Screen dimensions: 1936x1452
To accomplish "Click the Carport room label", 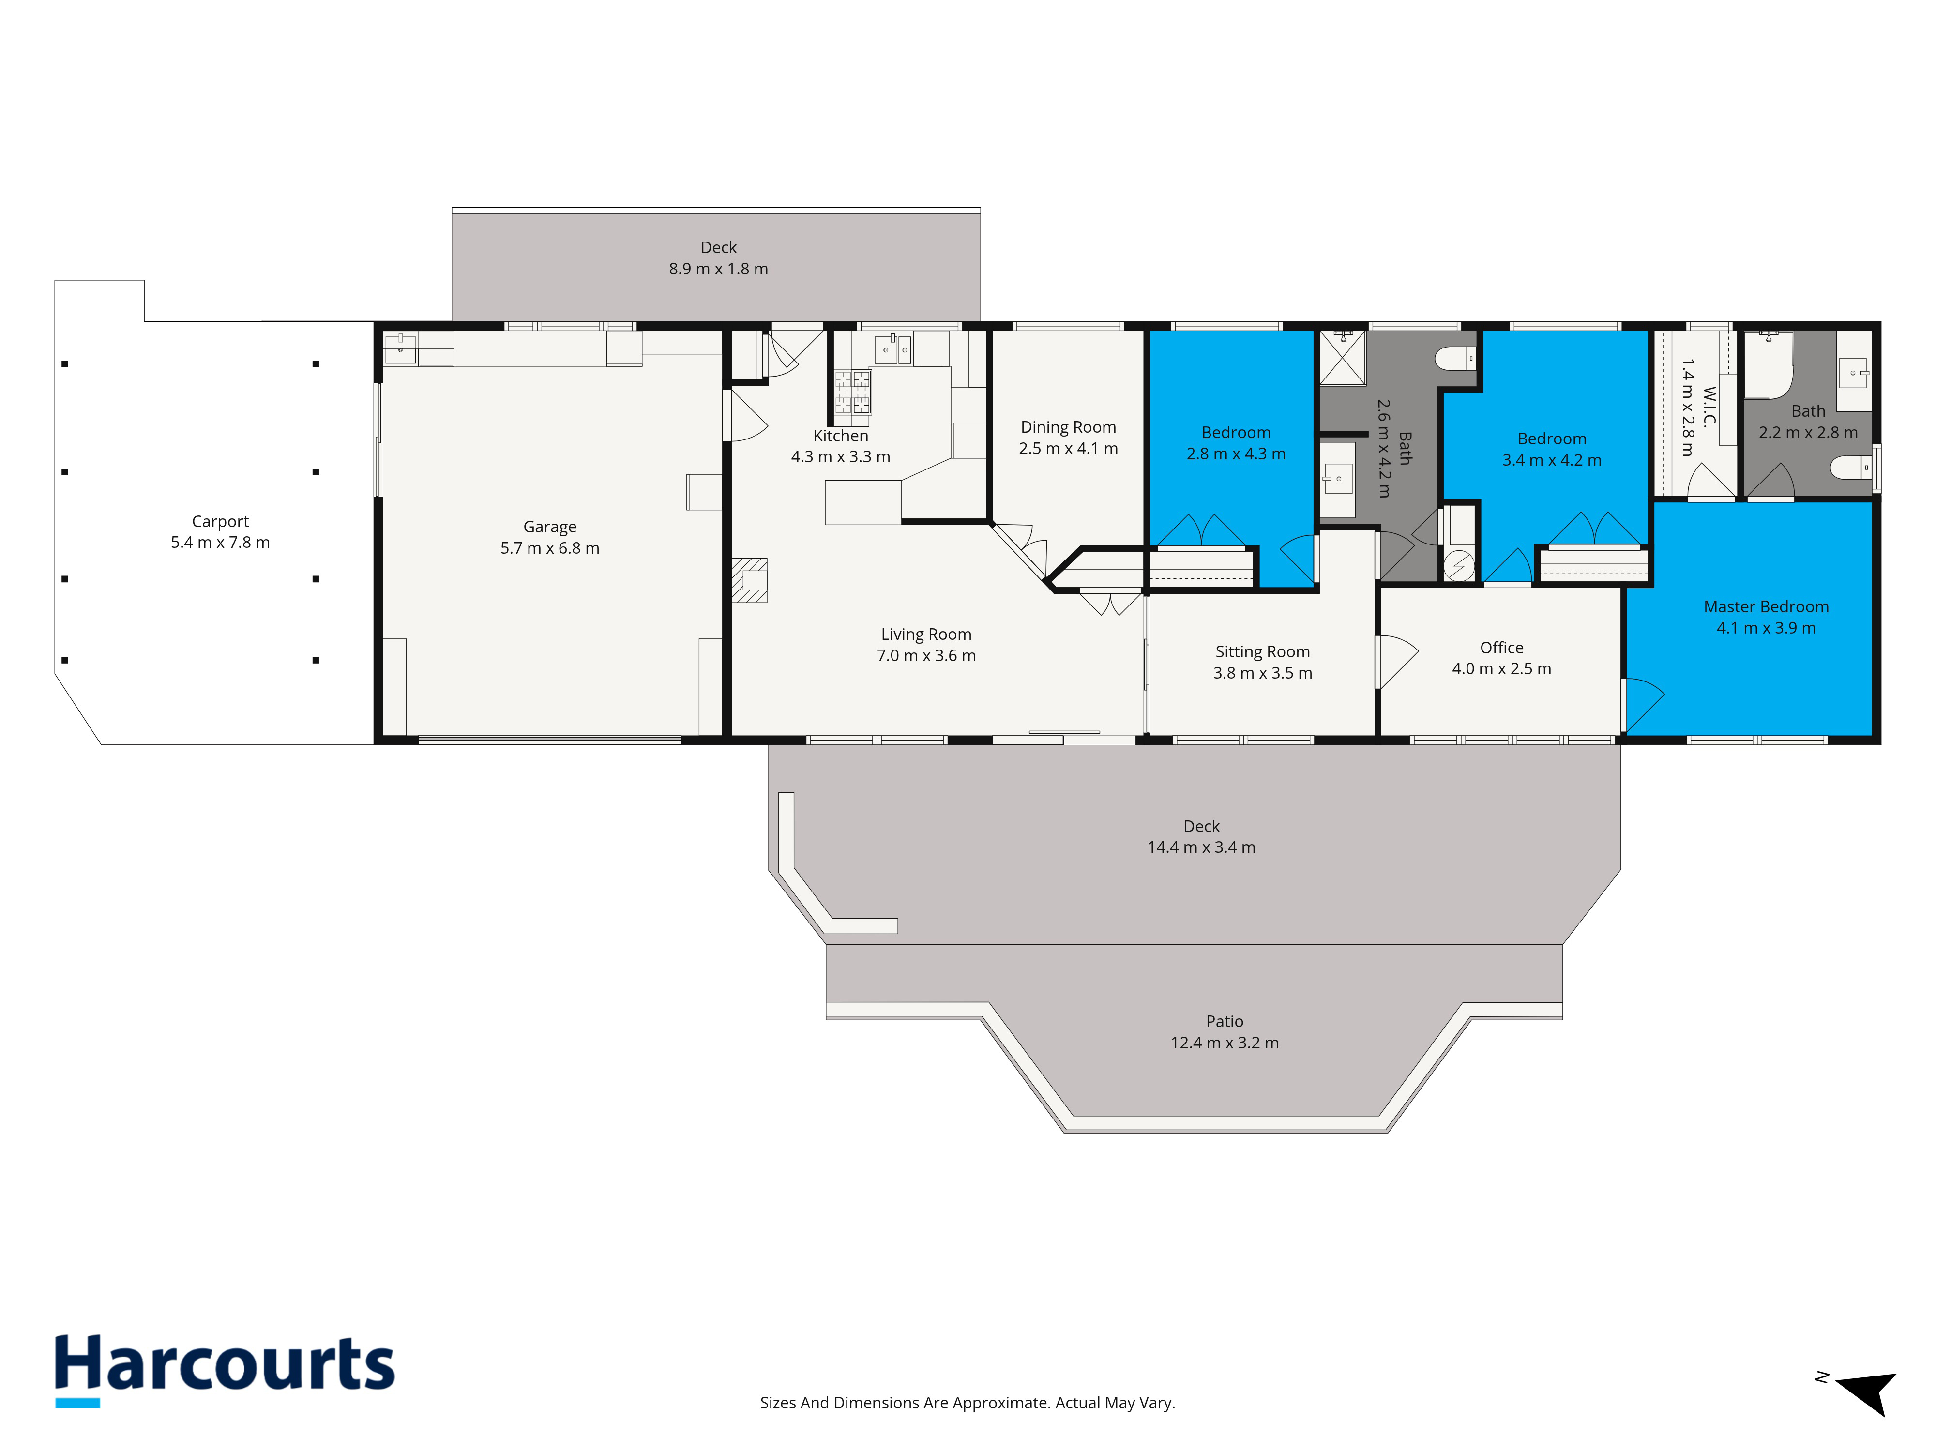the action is click(x=221, y=522).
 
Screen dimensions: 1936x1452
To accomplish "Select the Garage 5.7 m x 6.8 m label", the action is click(x=550, y=537).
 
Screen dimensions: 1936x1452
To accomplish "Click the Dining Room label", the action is click(x=1069, y=427).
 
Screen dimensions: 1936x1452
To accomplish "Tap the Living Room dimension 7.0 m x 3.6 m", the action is click(x=926, y=655).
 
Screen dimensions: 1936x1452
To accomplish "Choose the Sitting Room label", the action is click(x=1262, y=652).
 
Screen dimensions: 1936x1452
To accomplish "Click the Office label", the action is click(x=1502, y=648).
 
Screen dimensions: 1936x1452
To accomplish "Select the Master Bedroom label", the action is click(x=1766, y=606).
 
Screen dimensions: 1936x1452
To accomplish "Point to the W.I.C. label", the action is click(x=1709, y=407).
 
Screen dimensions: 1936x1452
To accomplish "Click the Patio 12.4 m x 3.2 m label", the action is click(x=1225, y=1032).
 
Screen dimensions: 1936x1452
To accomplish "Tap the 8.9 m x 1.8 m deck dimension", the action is click(x=719, y=269).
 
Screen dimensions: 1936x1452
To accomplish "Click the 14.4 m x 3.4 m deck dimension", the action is click(x=1202, y=847).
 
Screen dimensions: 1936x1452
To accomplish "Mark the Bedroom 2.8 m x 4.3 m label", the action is click(x=1236, y=443).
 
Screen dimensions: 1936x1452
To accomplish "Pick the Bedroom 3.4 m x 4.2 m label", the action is click(x=1552, y=449).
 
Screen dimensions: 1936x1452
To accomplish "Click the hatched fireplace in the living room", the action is click(x=750, y=580).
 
